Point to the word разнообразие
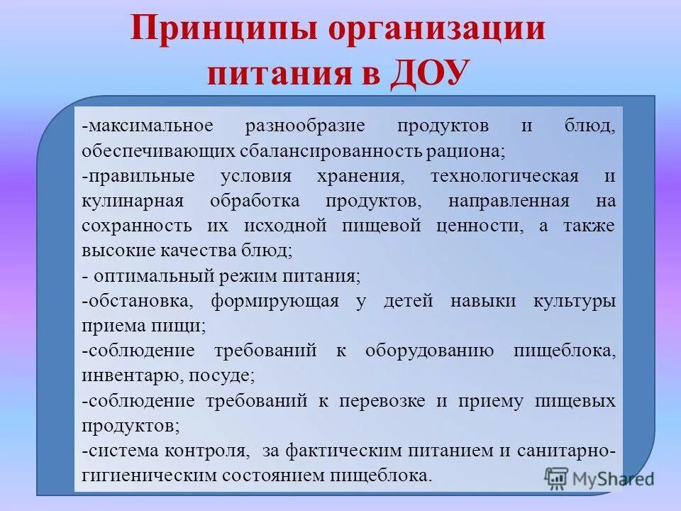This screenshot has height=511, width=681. pos(305,126)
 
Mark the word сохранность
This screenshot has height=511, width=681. pos(136,226)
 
